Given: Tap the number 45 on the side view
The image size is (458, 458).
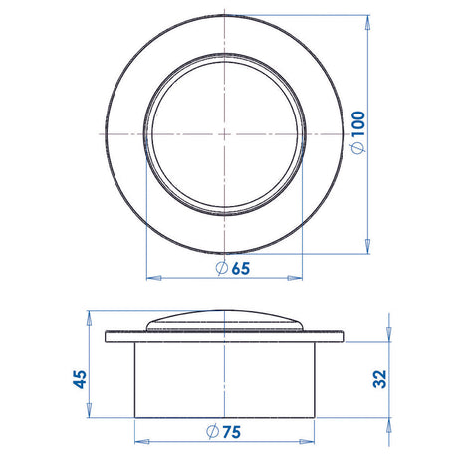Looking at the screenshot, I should tap(81, 378).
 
